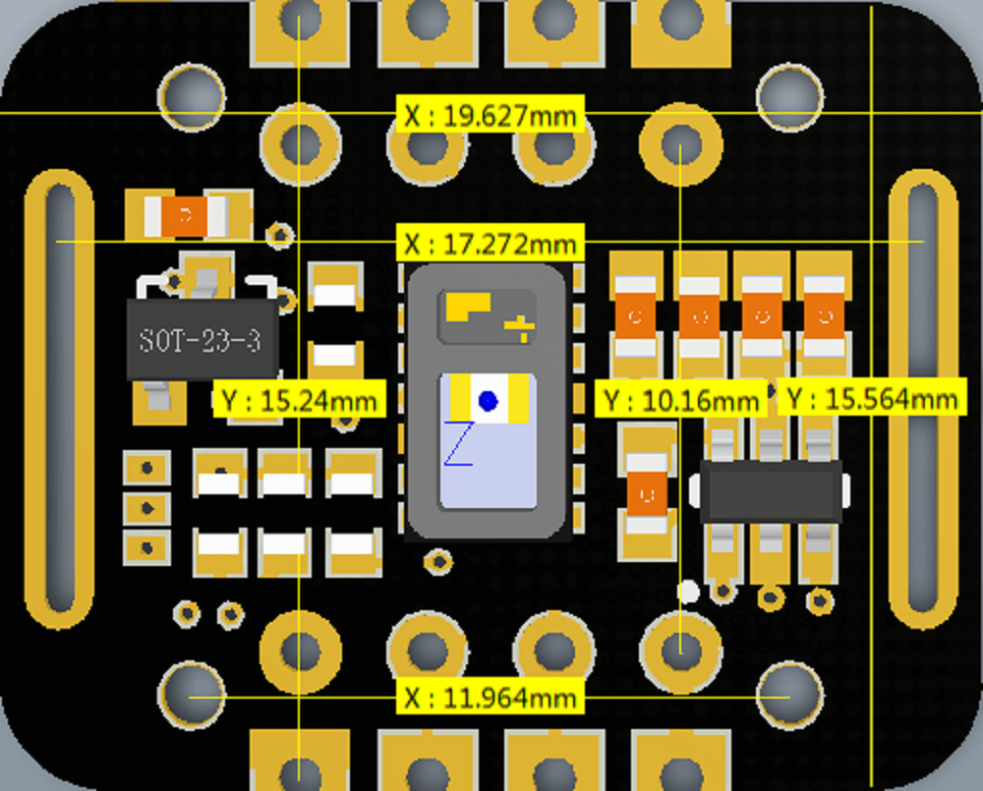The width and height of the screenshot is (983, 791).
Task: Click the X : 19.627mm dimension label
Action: [491, 115]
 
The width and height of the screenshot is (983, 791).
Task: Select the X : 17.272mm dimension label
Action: [491, 243]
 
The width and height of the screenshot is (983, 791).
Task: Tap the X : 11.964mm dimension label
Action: [491, 697]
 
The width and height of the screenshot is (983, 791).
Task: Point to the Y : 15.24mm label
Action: [300, 399]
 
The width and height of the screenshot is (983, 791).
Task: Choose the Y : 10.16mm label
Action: [681, 399]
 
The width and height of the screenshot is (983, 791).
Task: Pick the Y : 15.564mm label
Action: [872, 397]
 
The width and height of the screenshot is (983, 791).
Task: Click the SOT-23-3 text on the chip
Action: [200, 340]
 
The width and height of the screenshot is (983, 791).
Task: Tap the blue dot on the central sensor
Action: [488, 401]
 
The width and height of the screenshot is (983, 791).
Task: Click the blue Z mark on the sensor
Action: [459, 444]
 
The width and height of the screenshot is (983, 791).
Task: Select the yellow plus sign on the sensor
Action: [520, 328]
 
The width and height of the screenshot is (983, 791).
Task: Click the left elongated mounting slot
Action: [60, 398]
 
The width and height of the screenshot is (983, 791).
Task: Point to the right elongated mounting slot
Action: [923, 398]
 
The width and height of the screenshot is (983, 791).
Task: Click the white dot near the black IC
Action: [688, 592]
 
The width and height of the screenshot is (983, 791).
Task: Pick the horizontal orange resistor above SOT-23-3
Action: [186, 216]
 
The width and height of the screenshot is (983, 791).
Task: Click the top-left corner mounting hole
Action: [192, 97]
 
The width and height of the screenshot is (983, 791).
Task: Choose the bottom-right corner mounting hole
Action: [790, 695]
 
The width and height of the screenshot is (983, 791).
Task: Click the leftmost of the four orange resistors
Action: [636, 316]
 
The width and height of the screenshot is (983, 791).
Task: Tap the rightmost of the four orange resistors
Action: [824, 316]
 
